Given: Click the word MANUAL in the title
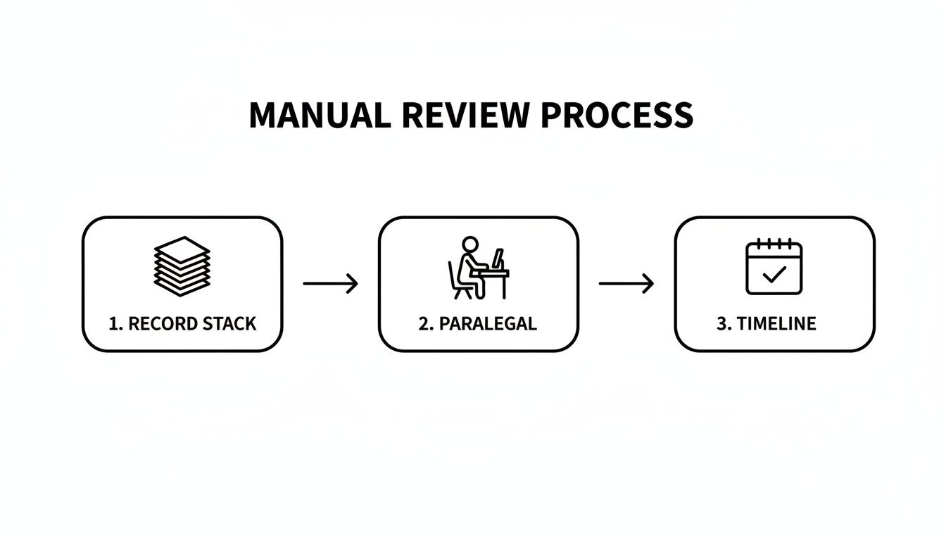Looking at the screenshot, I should point(319,116).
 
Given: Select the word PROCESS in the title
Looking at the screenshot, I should point(617,116).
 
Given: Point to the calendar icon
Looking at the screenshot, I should point(774,268).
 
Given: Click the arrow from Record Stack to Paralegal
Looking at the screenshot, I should point(330,284).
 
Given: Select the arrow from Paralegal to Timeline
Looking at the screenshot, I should point(626,284).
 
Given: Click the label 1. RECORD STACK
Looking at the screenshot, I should point(182,324).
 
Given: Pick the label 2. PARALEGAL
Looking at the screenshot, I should point(478,324).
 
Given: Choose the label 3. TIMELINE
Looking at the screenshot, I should point(767,324).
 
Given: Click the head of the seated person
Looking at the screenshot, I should point(469,244).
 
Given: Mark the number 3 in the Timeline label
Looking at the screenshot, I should point(721,324).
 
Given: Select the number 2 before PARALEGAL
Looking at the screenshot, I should point(424,324).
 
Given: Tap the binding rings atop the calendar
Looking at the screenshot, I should point(774,244).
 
